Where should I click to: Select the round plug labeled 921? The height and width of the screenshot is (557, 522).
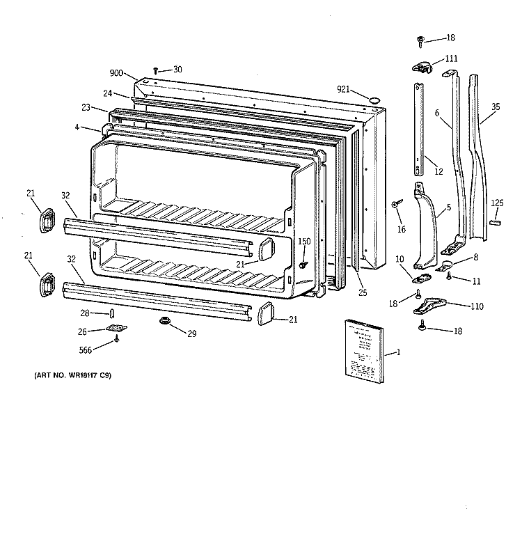[x=374, y=100]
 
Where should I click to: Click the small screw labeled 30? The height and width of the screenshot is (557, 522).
[x=156, y=70]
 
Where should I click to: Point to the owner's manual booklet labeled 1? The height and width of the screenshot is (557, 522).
[x=364, y=350]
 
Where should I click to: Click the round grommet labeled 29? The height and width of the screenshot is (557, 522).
[x=165, y=321]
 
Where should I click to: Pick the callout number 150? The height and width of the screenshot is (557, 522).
[x=304, y=242]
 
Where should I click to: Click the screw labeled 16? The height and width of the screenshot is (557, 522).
[x=395, y=203]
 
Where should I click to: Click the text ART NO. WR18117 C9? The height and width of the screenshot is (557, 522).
[x=73, y=376]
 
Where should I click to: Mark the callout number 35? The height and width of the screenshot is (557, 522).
[x=495, y=107]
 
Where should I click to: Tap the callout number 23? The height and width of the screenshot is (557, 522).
[x=86, y=107]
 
